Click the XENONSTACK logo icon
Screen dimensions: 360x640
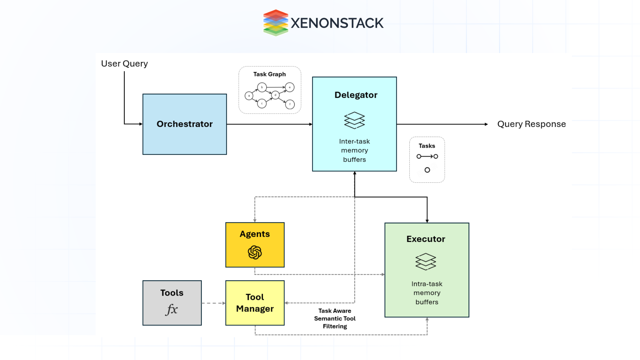[275, 23]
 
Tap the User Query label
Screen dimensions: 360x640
[124, 64]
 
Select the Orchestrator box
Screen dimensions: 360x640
[185, 124]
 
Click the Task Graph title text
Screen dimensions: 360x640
[269, 74]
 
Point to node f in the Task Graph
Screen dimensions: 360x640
[290, 104]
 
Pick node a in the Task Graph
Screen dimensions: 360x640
[249, 96]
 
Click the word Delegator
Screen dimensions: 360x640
[356, 95]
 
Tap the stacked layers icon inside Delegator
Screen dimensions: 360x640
[354, 120]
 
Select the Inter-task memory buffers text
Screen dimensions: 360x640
[354, 150]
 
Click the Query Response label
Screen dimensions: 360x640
[531, 124]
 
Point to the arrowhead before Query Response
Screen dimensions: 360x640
[486, 124]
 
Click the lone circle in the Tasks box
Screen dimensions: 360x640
[427, 170]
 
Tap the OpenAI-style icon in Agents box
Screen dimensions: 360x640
[255, 252]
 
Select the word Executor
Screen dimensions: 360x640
[426, 239]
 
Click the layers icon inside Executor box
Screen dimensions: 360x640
[426, 262]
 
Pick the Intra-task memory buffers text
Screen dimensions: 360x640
[427, 293]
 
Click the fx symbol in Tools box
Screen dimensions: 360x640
[172, 309]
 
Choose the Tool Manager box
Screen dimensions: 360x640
[255, 303]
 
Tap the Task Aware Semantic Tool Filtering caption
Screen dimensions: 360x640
[335, 318]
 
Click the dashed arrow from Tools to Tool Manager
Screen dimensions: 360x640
[213, 303]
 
